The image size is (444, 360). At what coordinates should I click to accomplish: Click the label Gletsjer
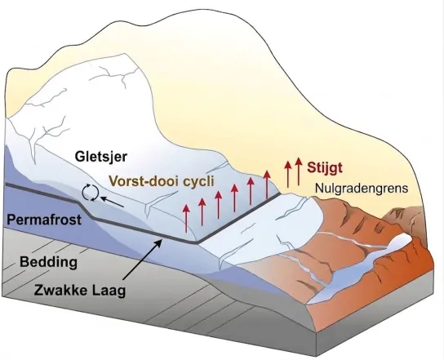coord(101,157)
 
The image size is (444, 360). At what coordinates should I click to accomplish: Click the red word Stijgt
coord(325,167)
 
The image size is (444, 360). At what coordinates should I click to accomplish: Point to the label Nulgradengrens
coord(362,189)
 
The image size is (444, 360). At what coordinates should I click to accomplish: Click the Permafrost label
coord(44,220)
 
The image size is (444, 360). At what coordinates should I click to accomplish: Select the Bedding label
coord(48,262)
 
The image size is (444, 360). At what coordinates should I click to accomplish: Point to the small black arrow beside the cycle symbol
coord(113,202)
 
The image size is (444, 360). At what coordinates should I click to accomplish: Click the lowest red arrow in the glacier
coord(186,219)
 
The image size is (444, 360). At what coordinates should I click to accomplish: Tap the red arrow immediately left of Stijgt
coord(298,171)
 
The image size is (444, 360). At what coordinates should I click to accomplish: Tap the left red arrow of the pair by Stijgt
coord(288,174)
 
